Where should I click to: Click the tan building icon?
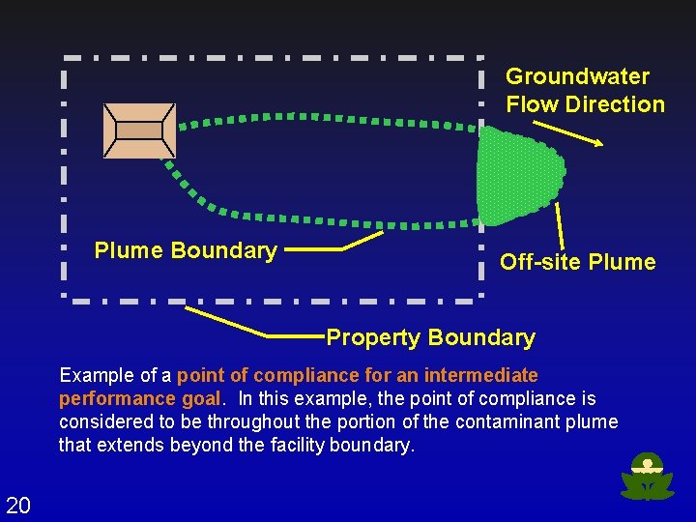coord(140,130)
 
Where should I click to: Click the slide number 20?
coord(17,504)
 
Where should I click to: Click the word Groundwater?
coord(577,76)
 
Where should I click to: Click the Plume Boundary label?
coord(186,250)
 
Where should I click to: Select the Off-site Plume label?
coord(577,262)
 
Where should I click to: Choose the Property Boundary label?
coord(430,337)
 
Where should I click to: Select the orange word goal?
coord(207,398)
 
